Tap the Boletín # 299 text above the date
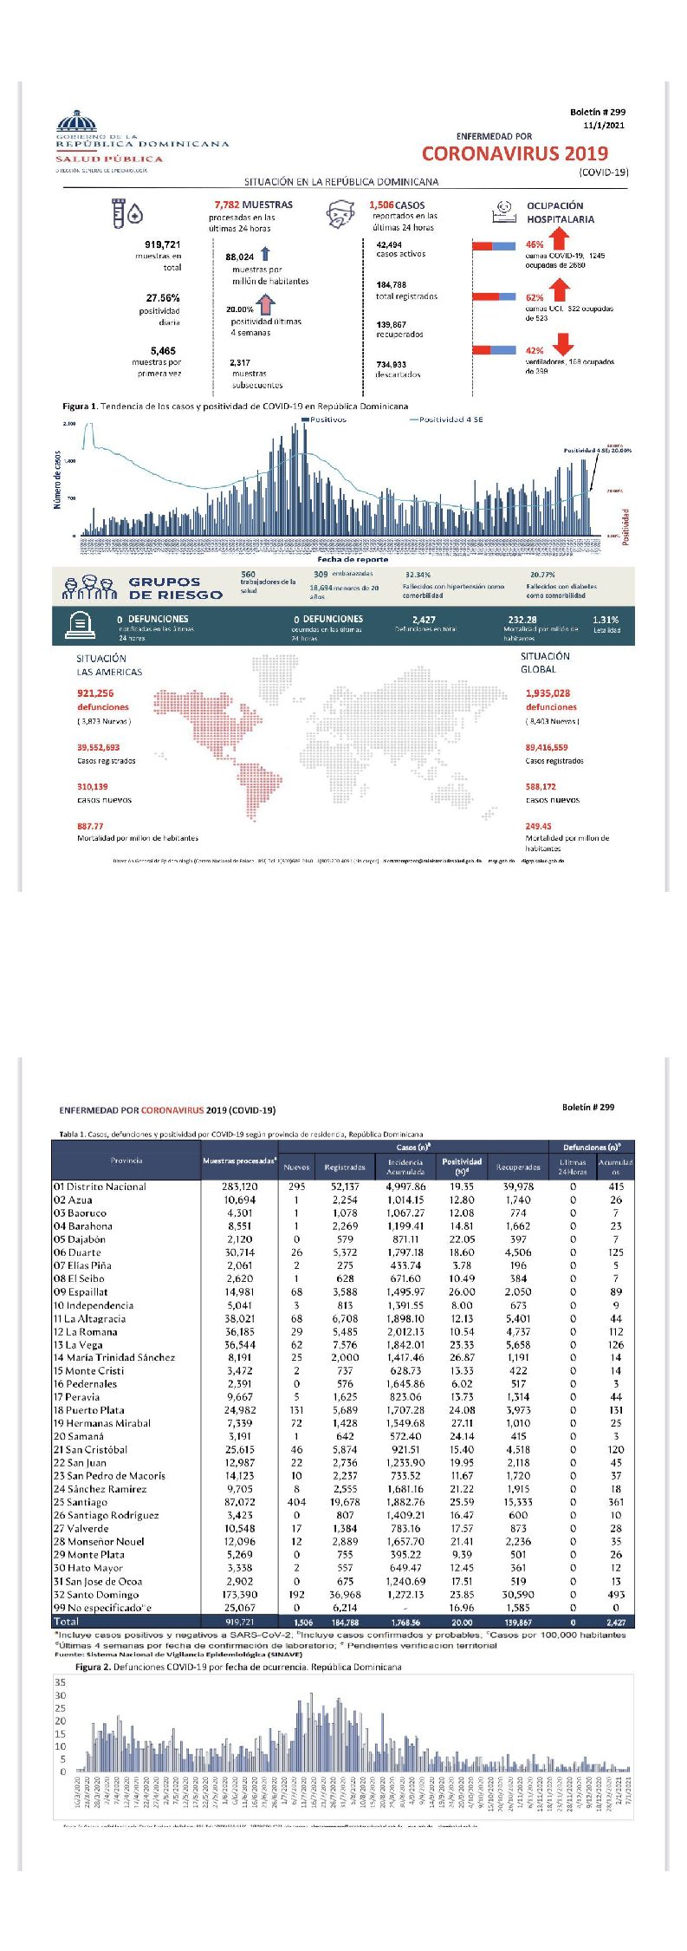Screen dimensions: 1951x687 [598, 112]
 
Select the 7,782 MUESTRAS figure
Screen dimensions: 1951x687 [253, 205]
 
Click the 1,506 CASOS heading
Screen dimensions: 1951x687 [397, 205]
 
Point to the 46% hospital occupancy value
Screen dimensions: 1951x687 [535, 244]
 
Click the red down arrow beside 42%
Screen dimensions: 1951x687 [562, 345]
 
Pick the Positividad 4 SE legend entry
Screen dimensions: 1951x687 [447, 419]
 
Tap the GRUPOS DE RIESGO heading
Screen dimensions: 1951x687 [176, 589]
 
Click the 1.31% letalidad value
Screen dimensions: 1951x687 [606, 620]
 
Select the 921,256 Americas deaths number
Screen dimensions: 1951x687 [95, 693]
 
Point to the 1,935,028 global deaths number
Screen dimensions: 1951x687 [548, 693]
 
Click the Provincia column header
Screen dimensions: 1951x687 [126, 1160]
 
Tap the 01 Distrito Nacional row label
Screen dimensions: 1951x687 [100, 1187]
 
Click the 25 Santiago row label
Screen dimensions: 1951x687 [81, 1502]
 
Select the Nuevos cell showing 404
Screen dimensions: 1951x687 [296, 1502]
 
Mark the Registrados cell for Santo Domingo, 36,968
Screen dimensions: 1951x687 [345, 1594]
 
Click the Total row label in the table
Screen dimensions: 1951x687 [66, 1621]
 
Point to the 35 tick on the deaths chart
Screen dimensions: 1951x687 [60, 1682]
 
